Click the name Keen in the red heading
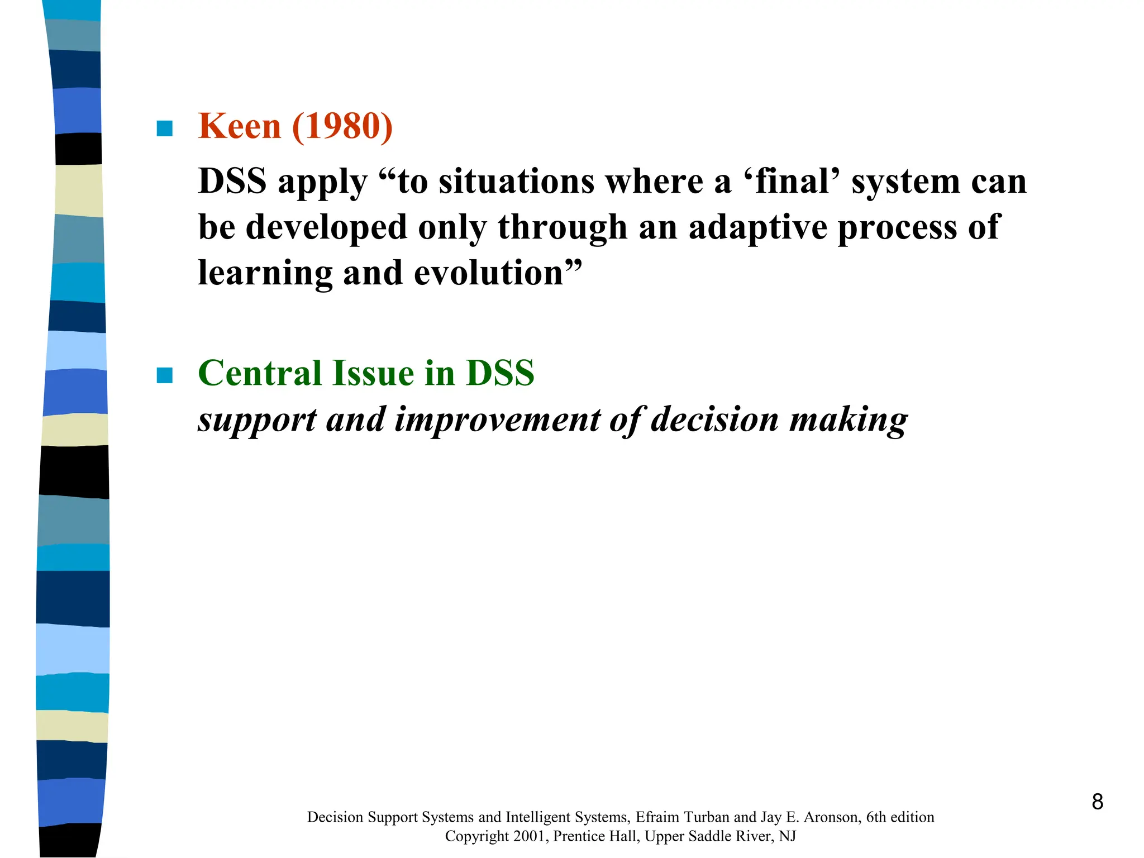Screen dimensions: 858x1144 tap(239, 126)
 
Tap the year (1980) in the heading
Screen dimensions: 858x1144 tap(342, 126)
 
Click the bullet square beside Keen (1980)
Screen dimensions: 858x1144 tap(165, 128)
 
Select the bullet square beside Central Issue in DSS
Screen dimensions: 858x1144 tap(165, 375)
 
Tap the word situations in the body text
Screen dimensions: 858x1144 tap(517, 182)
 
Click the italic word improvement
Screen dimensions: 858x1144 tap(497, 420)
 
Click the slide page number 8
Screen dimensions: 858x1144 tap(1097, 802)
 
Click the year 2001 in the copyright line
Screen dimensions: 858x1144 tap(528, 836)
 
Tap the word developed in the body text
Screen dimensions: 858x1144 tap(326, 228)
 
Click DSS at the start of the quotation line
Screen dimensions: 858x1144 tap(232, 182)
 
